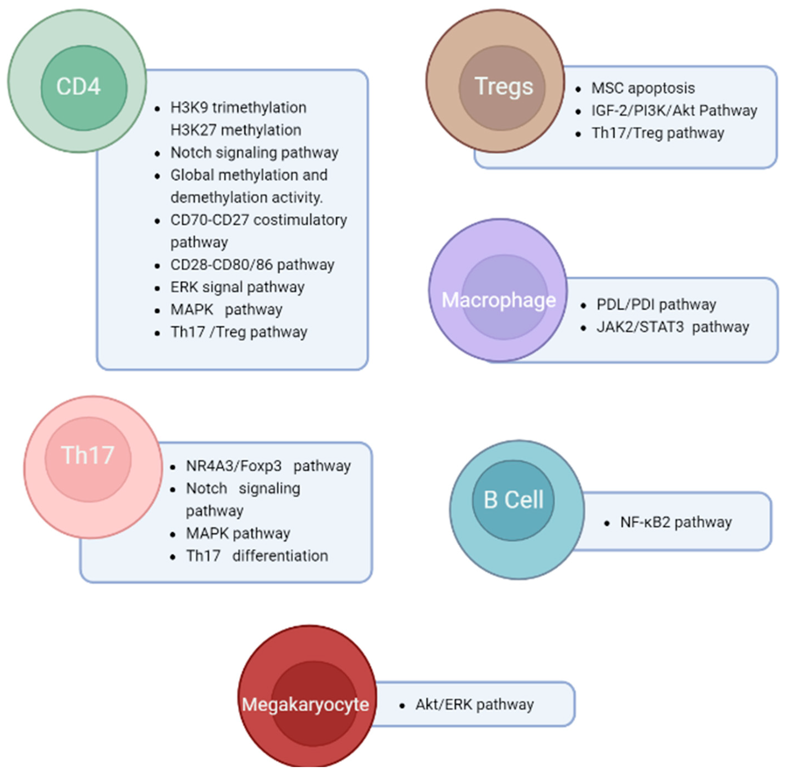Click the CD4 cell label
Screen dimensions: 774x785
(x=78, y=86)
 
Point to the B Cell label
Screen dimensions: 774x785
(x=513, y=500)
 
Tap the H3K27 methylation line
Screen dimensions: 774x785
(x=236, y=130)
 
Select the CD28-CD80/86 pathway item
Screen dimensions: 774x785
(x=252, y=265)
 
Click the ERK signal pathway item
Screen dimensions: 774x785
(x=237, y=287)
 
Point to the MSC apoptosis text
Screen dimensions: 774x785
(x=643, y=88)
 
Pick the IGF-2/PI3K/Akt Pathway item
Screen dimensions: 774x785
(x=674, y=110)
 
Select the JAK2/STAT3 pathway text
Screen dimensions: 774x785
(x=672, y=327)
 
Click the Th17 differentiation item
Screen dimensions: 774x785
(x=257, y=556)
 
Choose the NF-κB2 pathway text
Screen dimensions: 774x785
(x=676, y=522)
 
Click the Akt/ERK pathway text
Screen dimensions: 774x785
(x=474, y=704)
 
